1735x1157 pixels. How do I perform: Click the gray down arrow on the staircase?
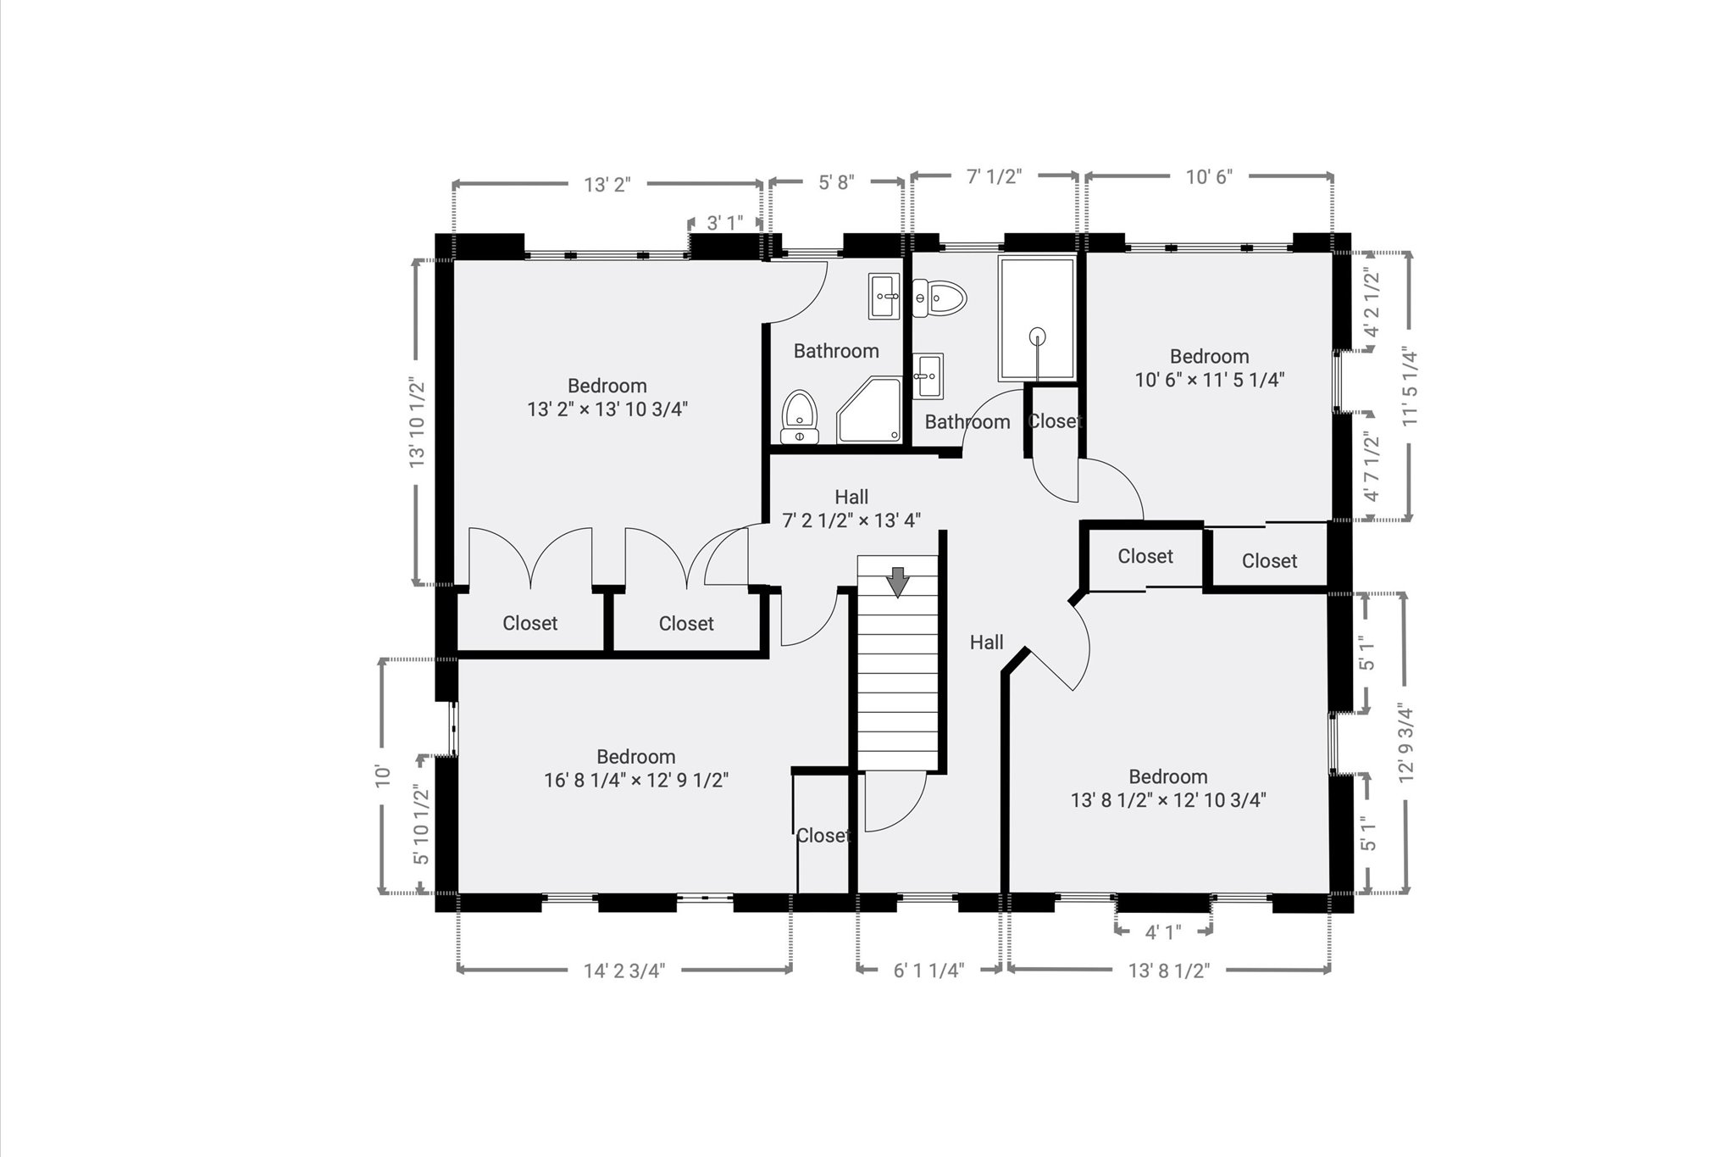[897, 582]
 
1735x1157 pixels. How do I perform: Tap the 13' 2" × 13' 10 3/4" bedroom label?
[607, 398]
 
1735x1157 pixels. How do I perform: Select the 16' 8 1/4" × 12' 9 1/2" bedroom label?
[635, 769]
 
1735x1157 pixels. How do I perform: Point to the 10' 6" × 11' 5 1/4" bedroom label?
[1209, 368]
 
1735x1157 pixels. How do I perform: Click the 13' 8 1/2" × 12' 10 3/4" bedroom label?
[1167, 788]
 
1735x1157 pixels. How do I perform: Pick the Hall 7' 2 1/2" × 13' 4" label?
[851, 509]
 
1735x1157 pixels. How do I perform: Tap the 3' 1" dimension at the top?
[724, 223]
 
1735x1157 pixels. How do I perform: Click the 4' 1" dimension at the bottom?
[1162, 932]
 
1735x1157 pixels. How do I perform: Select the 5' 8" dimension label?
[836, 181]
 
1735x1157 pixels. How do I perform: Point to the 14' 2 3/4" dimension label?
[624, 971]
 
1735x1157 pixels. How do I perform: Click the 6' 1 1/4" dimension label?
[928, 971]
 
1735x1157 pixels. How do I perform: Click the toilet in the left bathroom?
[798, 415]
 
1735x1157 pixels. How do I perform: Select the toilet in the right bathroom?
[941, 298]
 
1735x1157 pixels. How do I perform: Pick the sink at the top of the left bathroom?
[884, 296]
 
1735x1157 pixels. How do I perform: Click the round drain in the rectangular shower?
[1037, 337]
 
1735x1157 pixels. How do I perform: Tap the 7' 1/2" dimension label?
[995, 176]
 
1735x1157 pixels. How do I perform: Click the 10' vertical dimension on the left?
[383, 776]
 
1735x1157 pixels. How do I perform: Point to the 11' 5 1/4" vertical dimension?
[1409, 386]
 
